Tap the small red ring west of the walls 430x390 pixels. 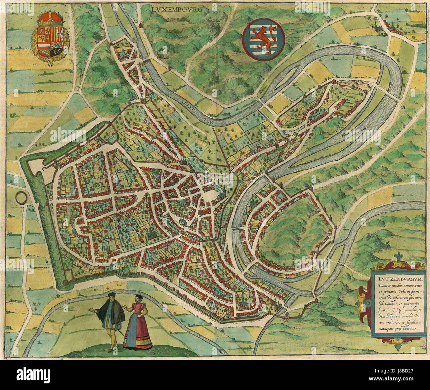pyautogui.click(x=21, y=198)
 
